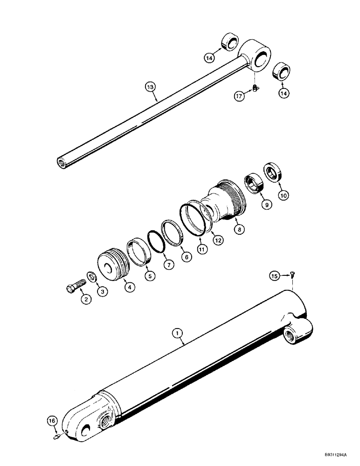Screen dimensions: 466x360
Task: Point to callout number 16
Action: click(52, 421)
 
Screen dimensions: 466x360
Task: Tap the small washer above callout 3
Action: click(91, 278)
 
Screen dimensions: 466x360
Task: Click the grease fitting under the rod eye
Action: click(254, 87)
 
